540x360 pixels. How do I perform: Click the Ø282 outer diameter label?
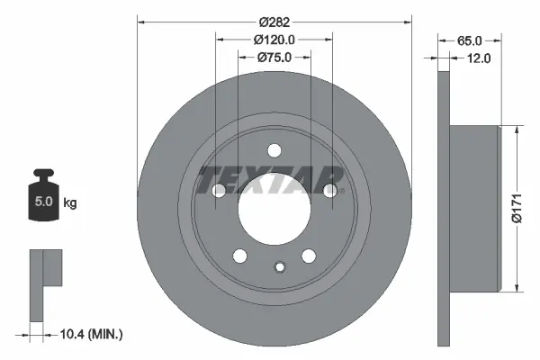(274, 22)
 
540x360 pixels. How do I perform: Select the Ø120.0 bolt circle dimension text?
(274, 40)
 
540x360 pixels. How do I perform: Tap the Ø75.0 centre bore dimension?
(274, 58)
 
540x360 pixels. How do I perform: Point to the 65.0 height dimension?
(470, 41)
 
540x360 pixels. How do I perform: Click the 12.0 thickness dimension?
(479, 58)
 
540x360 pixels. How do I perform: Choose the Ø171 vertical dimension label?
(517, 208)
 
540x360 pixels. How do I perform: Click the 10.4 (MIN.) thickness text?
(91, 334)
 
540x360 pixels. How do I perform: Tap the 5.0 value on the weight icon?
(44, 201)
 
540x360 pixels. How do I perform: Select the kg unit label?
(70, 202)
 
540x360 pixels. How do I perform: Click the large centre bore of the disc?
(274, 209)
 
